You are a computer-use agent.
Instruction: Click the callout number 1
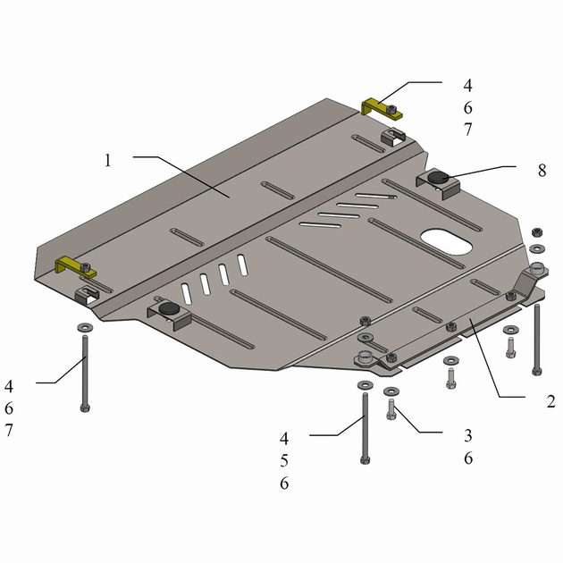(x=108, y=161)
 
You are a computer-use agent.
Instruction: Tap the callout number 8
(x=542, y=171)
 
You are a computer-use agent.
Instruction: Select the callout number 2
(x=550, y=401)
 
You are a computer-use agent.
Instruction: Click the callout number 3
(x=468, y=435)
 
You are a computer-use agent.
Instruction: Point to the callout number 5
(x=284, y=460)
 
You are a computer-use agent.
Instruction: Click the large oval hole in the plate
(x=447, y=241)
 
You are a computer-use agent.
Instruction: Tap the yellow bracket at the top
(x=381, y=108)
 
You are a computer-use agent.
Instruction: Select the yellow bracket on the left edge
(x=74, y=266)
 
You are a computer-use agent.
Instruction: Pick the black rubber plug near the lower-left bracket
(x=169, y=307)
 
